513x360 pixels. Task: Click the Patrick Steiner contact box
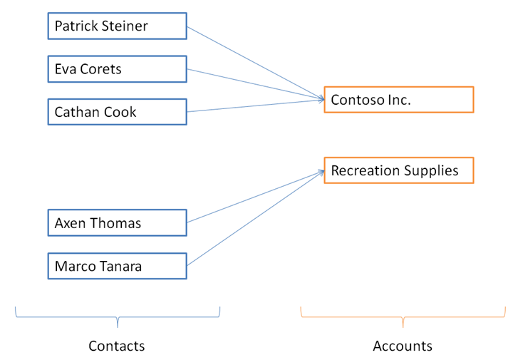117,26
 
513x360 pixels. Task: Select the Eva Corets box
117,69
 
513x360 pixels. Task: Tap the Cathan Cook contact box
117,112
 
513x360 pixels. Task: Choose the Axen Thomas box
117,223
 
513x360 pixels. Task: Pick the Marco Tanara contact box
117,266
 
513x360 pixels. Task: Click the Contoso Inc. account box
398,100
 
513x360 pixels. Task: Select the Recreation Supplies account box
398,171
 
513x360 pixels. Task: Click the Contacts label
116,346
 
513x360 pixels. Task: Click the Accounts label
402,346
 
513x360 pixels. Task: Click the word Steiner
125,26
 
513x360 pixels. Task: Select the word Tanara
119,267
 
